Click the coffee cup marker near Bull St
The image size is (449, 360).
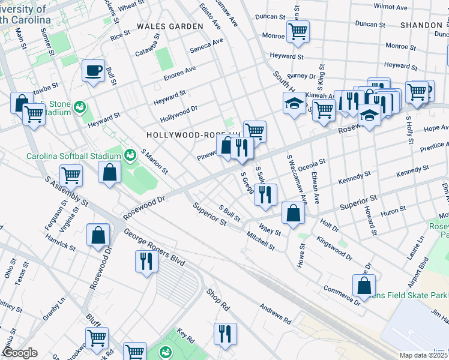pyautogui.click(x=93, y=70)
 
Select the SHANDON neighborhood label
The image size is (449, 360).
pyautogui.click(x=421, y=25)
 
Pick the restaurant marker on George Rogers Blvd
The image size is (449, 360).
pyautogui.click(x=146, y=260)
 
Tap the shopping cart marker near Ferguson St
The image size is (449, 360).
pyautogui.click(x=71, y=175)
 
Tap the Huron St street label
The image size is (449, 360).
pyautogui.click(x=394, y=210)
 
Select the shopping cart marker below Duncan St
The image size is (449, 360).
pyautogui.click(x=298, y=31)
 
